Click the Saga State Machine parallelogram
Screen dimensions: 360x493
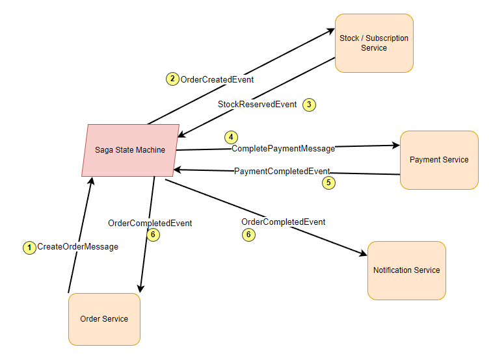pos(130,150)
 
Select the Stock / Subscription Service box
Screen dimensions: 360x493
pos(374,43)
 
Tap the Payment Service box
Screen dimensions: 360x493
pos(439,160)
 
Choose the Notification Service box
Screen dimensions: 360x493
pos(406,270)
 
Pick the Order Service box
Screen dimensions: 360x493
pos(104,319)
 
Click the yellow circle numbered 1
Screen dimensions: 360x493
pos(29,247)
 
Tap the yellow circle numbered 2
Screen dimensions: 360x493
pos(172,79)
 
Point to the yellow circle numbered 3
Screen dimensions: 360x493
pos(309,105)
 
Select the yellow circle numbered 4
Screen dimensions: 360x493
pos(231,137)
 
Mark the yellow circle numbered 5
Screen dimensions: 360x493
pos(328,183)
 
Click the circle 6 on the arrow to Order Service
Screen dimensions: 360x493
pos(153,235)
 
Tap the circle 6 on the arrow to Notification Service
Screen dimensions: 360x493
pos(248,235)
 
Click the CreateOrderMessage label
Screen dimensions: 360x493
pos(77,247)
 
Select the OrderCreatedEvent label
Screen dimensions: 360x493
pos(217,79)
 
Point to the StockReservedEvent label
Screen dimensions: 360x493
pos(257,104)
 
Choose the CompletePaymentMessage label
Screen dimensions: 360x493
pos(283,149)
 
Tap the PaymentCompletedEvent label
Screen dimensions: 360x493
pos(282,171)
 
